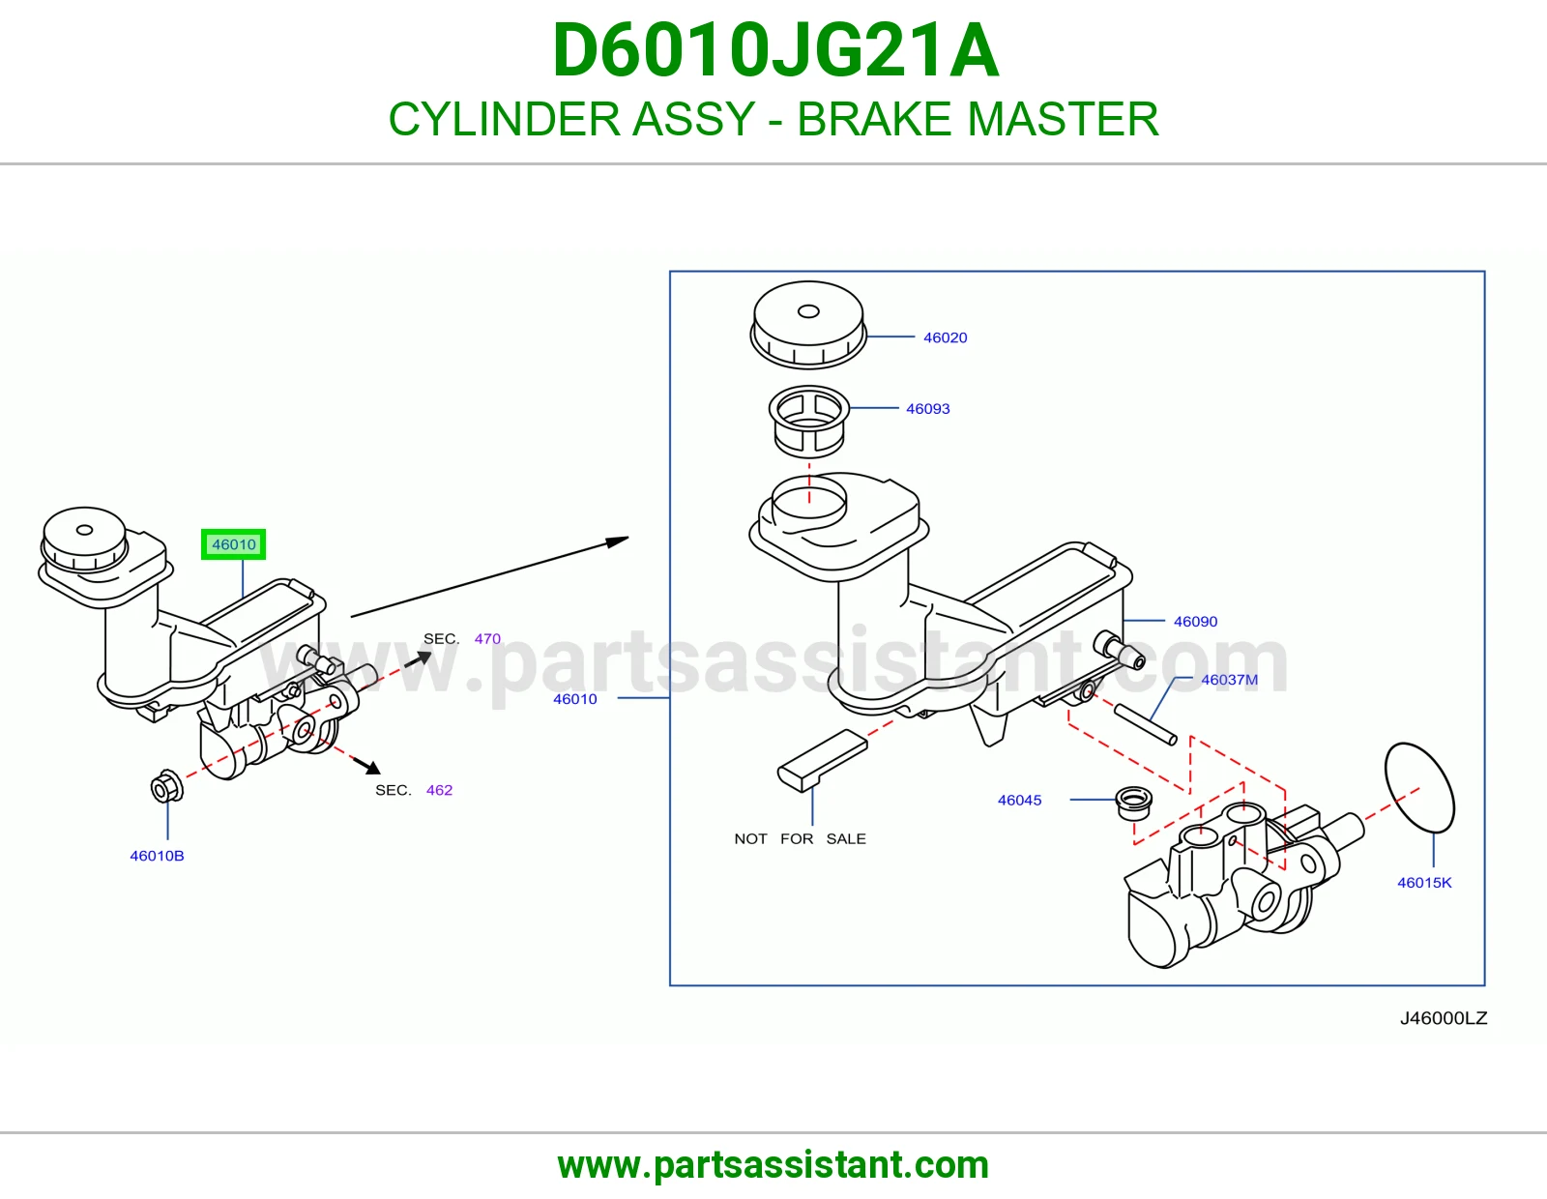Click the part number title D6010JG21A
point(775,50)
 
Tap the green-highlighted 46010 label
point(234,544)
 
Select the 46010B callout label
point(157,856)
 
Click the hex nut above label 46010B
point(166,786)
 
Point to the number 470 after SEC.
point(487,638)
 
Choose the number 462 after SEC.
point(439,790)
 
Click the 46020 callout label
point(945,337)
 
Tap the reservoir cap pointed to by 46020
point(808,325)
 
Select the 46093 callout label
point(927,409)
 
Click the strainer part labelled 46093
point(808,422)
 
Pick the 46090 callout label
point(1195,622)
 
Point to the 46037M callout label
point(1230,680)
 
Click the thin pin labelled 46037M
point(1145,724)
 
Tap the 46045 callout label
point(1019,801)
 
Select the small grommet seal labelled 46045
point(1133,804)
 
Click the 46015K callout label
point(1424,883)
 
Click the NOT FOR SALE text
point(801,838)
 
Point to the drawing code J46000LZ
point(1444,1018)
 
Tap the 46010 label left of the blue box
point(575,699)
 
